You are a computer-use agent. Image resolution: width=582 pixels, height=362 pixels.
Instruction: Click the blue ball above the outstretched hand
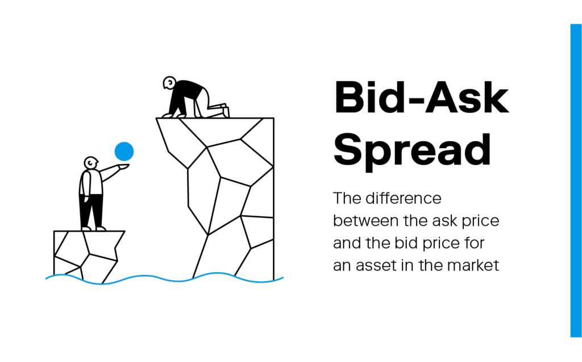pos(124,151)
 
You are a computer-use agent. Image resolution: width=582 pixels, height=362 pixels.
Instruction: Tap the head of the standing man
pos(90,163)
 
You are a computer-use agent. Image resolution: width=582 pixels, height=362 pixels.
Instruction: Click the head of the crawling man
pos(169,83)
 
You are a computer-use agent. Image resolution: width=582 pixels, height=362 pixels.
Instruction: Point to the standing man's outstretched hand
pos(123,167)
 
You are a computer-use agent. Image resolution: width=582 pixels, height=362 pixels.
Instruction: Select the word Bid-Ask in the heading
pos(421,97)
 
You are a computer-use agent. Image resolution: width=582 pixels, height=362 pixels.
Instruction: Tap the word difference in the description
pos(404,198)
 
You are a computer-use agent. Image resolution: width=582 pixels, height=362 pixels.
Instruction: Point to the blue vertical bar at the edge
pos(576,180)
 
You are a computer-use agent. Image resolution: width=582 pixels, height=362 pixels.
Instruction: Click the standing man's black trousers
pos(90,211)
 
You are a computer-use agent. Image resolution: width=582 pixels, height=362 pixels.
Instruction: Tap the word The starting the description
pos(347,198)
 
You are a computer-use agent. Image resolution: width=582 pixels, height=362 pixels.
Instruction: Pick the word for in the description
pos(476,243)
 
